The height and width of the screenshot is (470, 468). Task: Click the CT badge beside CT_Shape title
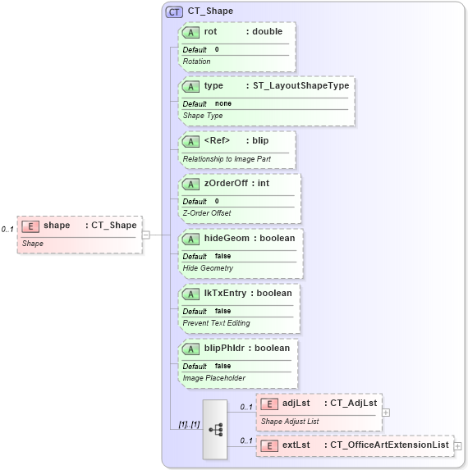tap(174, 11)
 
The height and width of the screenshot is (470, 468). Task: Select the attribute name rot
tap(211, 31)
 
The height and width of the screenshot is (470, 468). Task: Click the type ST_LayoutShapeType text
tap(301, 85)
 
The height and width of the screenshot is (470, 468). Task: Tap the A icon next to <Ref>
tap(191, 140)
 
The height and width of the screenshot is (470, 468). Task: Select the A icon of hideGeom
tap(191, 239)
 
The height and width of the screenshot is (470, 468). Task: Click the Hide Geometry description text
tap(208, 267)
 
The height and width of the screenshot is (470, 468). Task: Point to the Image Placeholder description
tap(213, 378)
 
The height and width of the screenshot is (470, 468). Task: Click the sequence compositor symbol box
tap(215, 429)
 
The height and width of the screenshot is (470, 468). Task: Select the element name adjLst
tap(296, 403)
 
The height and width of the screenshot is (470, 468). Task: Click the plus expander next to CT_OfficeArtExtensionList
tap(458, 445)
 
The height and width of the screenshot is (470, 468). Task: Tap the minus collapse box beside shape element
tap(146, 234)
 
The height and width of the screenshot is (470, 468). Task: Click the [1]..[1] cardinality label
tap(189, 424)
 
